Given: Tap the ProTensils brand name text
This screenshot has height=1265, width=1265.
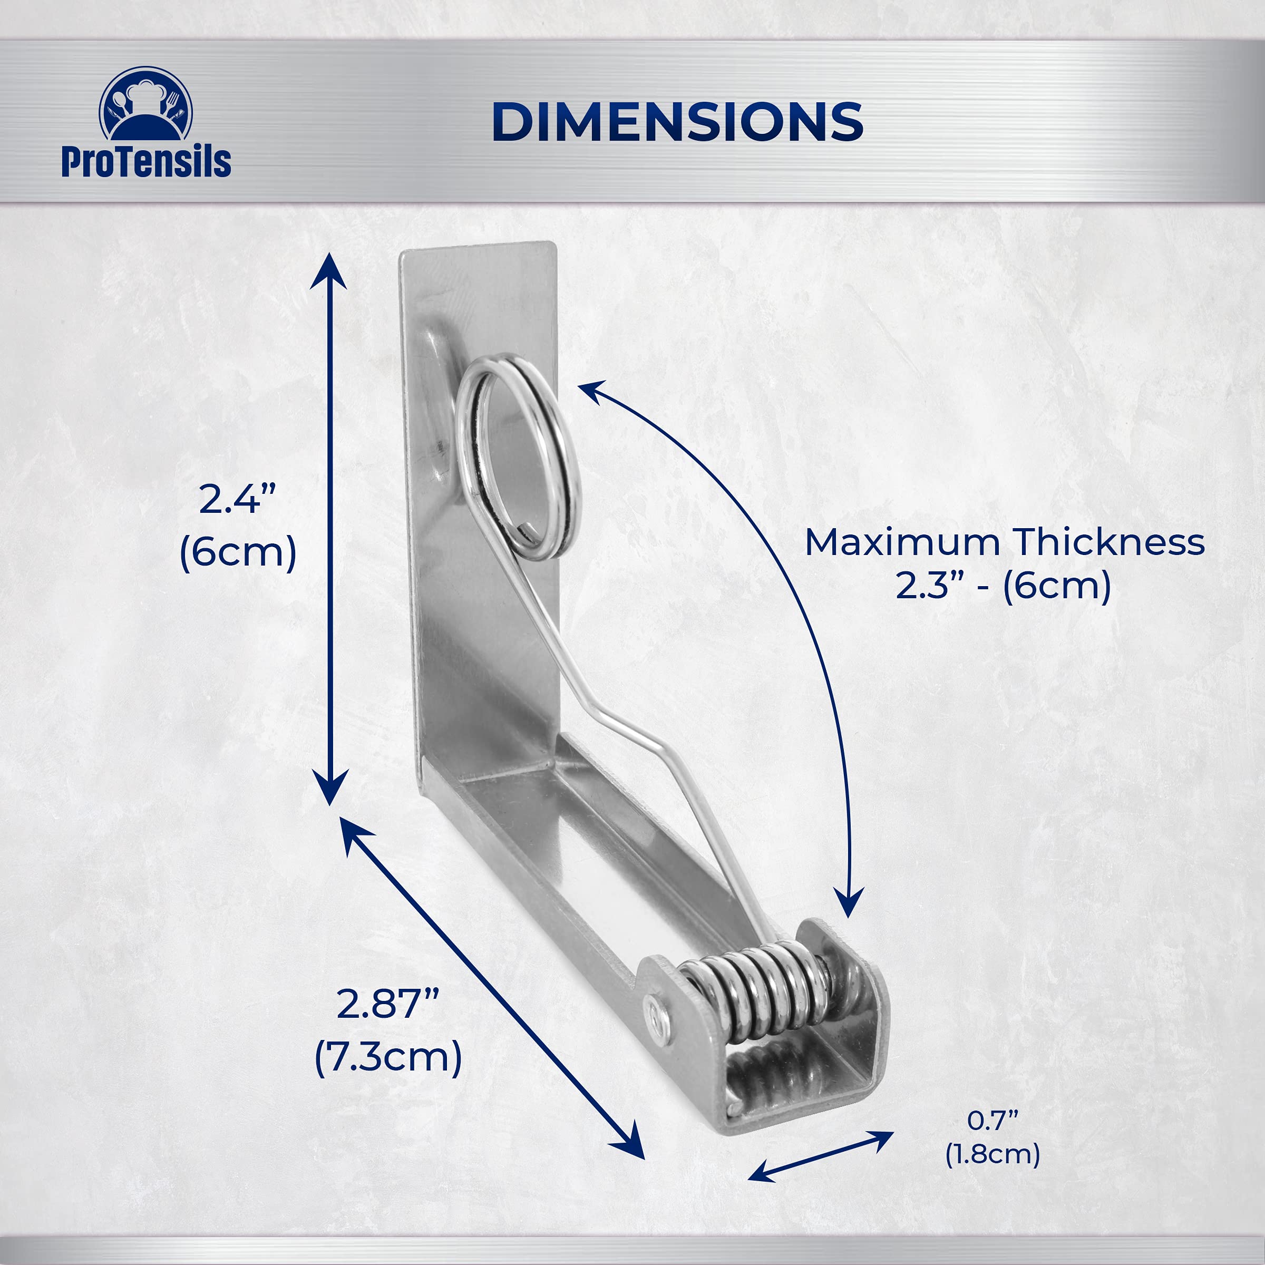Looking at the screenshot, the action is coord(146,161).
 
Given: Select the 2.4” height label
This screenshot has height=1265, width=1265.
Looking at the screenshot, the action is coord(237,499).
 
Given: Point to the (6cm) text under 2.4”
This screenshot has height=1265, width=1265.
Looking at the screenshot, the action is coord(238,552).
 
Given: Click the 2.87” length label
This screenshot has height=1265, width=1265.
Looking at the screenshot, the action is coord(387,1004).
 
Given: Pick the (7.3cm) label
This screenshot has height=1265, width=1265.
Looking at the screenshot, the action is coord(388,1057).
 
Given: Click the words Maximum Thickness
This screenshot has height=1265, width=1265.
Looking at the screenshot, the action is coord(1005,542).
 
